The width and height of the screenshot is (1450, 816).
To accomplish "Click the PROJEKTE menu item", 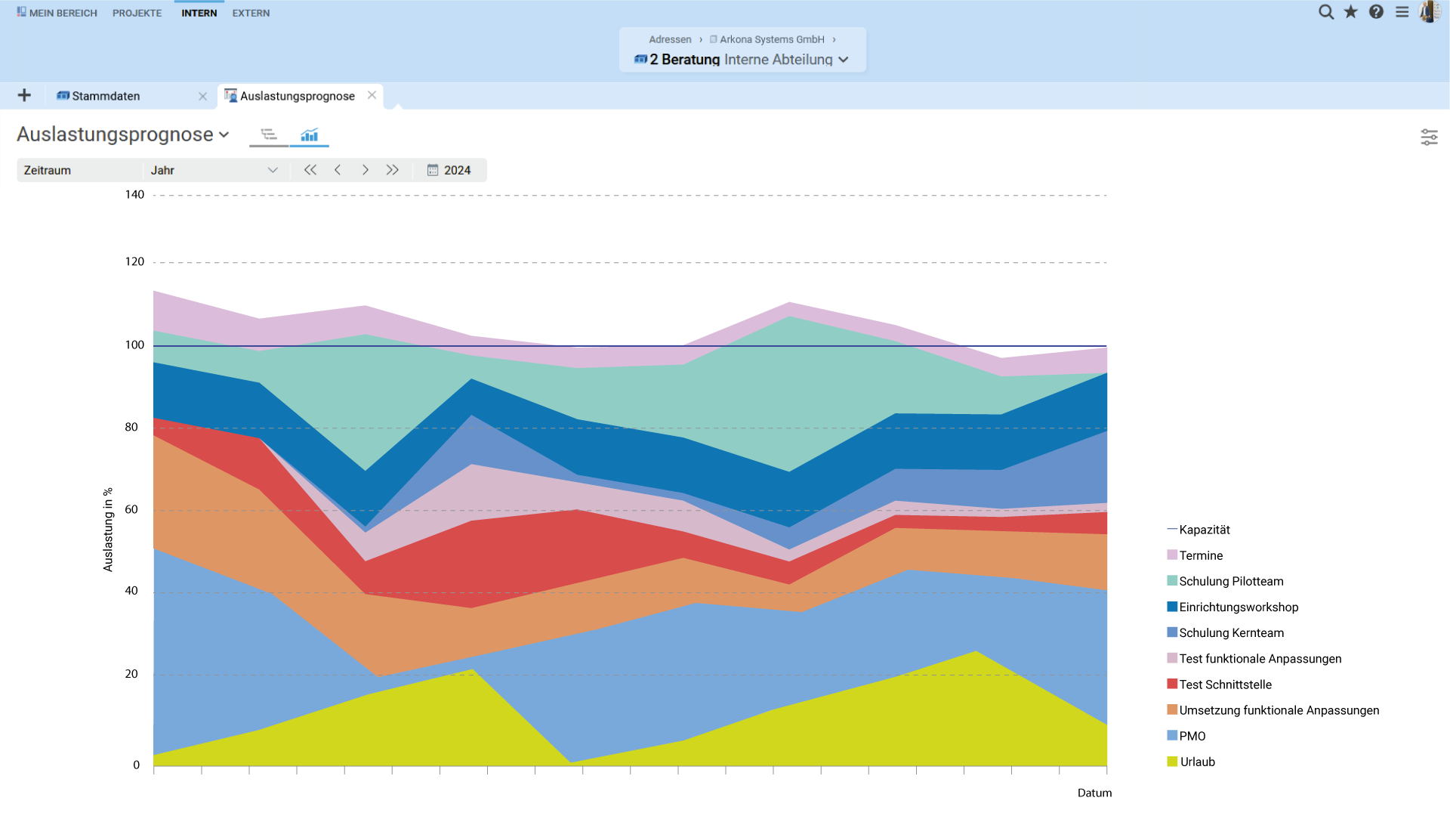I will (137, 13).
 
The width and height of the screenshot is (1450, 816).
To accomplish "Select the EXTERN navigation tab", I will (251, 13).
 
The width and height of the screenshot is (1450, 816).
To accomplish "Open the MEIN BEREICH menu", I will (57, 13).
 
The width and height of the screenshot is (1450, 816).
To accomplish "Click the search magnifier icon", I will (1325, 12).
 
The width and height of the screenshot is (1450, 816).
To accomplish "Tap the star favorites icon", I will (1351, 12).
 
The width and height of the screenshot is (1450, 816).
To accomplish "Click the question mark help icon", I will (1376, 12).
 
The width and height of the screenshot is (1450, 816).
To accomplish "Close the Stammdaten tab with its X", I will (202, 96).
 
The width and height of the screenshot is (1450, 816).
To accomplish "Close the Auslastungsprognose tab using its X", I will (372, 95).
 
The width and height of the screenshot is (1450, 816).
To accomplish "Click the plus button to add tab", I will (24, 95).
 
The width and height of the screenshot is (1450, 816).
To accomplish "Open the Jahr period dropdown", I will (214, 170).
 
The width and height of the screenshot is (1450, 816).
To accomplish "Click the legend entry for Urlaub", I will (1197, 762).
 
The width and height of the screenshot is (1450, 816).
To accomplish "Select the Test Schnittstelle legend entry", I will (1225, 685).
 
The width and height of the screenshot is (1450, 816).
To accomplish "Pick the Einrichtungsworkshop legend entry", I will (1239, 607).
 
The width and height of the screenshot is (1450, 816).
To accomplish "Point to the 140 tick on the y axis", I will (134, 195).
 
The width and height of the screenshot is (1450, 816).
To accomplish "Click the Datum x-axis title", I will (1094, 793).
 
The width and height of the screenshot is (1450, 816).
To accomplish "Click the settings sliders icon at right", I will (1429, 137).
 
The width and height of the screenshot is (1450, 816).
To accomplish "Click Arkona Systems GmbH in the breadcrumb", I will (771, 39).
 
